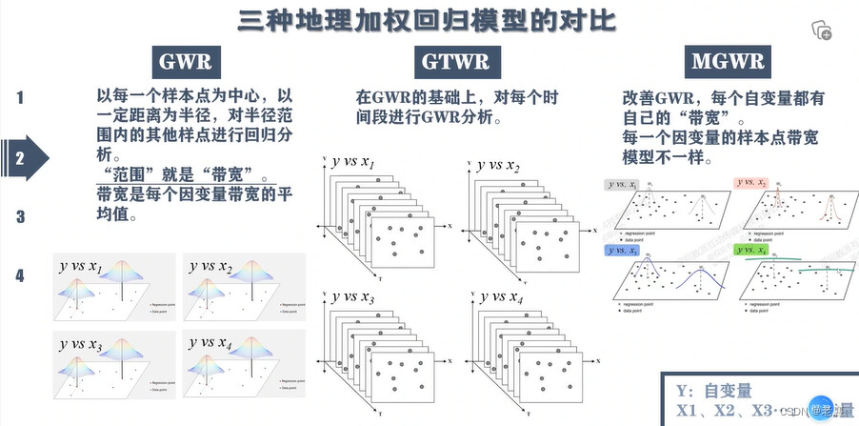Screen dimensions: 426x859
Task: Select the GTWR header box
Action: [454, 63]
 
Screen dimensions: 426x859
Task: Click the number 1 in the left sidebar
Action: [19, 96]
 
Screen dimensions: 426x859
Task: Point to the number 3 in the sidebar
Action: [19, 216]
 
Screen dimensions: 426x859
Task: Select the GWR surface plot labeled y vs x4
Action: [243, 361]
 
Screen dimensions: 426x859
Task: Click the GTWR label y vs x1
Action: [353, 163]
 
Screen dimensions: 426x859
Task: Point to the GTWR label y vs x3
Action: [353, 299]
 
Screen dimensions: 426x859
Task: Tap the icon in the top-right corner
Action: [821, 30]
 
